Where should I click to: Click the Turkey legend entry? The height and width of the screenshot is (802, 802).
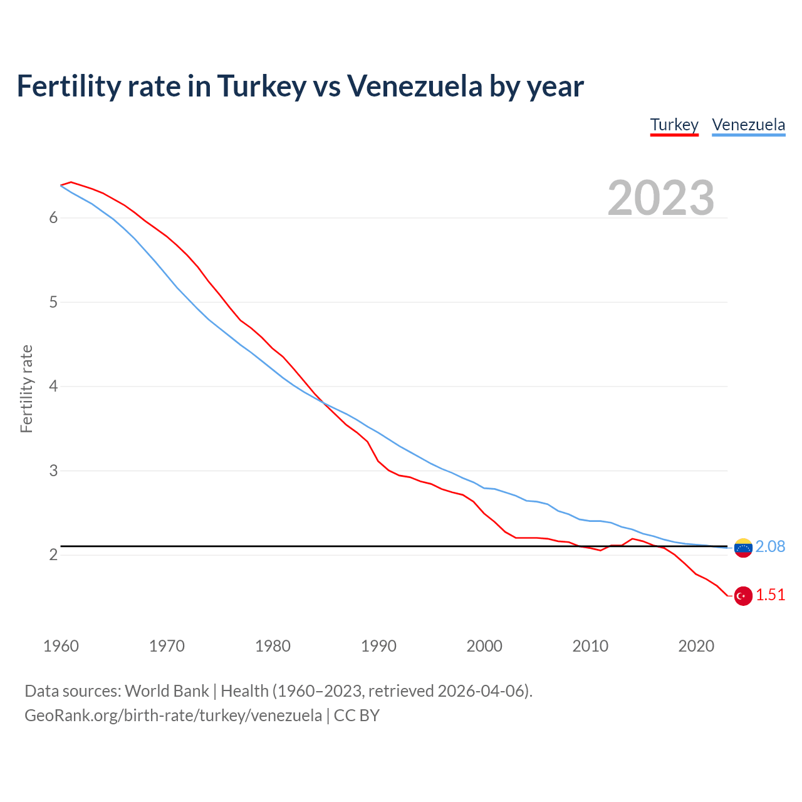[674, 125]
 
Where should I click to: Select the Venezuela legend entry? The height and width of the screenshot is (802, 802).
[748, 125]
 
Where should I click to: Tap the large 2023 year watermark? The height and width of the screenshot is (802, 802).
[661, 198]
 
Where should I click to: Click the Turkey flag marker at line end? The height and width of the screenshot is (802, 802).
[743, 596]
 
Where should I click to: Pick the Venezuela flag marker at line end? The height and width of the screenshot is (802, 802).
[743, 548]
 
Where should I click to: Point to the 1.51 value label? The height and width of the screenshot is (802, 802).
[770, 595]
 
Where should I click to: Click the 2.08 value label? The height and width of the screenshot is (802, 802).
[770, 547]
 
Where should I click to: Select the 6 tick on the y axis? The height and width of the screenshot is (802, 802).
[53, 218]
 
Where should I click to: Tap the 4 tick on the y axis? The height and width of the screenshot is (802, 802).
[53, 387]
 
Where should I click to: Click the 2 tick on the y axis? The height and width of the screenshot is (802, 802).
[53, 555]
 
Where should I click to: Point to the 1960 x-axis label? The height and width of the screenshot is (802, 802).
[61, 646]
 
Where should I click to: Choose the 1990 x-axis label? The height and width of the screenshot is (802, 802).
[378, 646]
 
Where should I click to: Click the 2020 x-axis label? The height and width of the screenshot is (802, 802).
[696, 646]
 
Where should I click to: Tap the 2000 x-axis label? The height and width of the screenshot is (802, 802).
[484, 646]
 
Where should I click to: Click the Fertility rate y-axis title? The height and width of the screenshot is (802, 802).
[26, 388]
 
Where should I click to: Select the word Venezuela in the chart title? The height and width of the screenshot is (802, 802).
[415, 86]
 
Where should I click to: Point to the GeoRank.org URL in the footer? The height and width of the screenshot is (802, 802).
[173, 716]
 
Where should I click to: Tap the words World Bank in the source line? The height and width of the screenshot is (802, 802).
[167, 691]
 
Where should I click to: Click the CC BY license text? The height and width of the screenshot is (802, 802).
[357, 716]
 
